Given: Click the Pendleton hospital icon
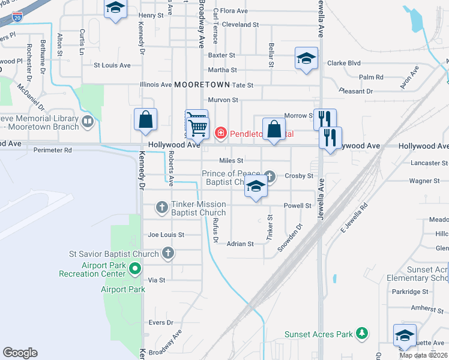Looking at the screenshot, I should [220, 133].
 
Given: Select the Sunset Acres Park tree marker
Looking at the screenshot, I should [361, 332].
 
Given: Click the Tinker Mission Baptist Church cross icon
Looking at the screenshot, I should [161, 208].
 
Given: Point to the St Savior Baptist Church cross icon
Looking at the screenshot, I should [169, 253].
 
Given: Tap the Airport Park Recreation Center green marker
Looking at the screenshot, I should [135, 269].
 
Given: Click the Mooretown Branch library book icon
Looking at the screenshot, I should [88, 122].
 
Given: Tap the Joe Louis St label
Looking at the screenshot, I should [166, 235].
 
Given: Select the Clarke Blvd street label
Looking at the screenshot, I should [343, 62].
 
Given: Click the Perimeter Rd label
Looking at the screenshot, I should [53, 150].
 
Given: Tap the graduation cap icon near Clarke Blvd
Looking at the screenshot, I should [306, 59].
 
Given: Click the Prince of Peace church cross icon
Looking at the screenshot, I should [270, 176].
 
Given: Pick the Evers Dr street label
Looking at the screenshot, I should [160, 323].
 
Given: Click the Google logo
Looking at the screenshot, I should [20, 353].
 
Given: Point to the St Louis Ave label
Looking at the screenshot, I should [112, 65].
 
